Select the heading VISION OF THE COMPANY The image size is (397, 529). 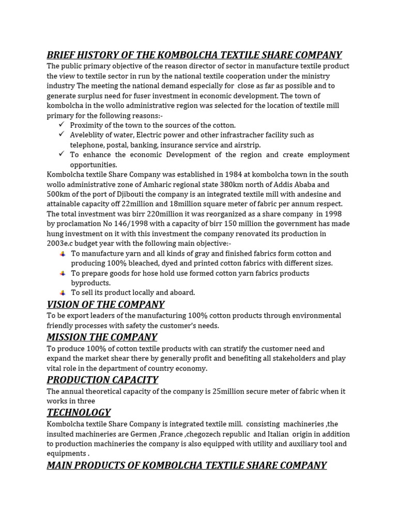[x=105, y=304]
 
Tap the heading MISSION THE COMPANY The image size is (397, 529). [x=102, y=337]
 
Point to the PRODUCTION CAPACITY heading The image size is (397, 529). [x=102, y=380]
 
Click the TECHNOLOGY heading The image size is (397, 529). [x=79, y=412]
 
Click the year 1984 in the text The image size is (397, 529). [x=220, y=175]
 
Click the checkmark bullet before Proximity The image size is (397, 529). [x=62, y=125]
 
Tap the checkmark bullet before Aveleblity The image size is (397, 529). [x=62, y=135]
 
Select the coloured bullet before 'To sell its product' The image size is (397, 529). [x=63, y=292]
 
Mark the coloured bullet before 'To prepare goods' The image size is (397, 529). [x=63, y=273]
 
